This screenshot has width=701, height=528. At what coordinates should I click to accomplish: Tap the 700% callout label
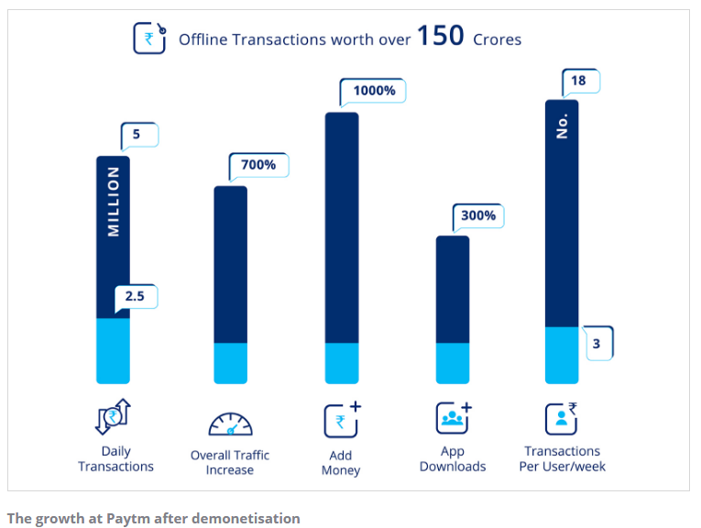pyautogui.click(x=258, y=165)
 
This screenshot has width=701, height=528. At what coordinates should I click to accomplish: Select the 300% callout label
pyautogui.click(x=478, y=216)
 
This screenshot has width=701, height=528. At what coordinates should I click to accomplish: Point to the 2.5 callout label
pyautogui.click(x=136, y=298)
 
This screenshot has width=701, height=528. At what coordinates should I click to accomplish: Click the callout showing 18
pyautogui.click(x=578, y=82)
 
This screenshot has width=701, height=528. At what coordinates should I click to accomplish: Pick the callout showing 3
pyautogui.click(x=597, y=344)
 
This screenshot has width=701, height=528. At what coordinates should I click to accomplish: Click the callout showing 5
pyautogui.click(x=138, y=136)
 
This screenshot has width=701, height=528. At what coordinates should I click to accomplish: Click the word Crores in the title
pyautogui.click(x=497, y=39)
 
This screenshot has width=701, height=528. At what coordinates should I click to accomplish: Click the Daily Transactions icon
pyautogui.click(x=115, y=417)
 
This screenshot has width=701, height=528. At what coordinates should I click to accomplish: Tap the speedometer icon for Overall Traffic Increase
pyautogui.click(x=229, y=424)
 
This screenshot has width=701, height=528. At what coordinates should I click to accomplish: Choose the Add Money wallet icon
pyautogui.click(x=341, y=420)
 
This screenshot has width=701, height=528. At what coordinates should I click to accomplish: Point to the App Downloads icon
pyautogui.click(x=453, y=418)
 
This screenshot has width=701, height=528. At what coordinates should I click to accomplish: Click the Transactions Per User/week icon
pyautogui.click(x=561, y=418)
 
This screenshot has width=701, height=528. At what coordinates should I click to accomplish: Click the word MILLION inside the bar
pyautogui.click(x=114, y=202)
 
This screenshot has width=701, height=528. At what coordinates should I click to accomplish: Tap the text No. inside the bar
pyautogui.click(x=562, y=126)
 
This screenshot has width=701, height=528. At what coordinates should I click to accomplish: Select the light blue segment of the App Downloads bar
pyautogui.click(x=452, y=363)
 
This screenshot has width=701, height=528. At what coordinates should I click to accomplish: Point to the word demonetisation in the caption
pyautogui.click(x=247, y=518)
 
